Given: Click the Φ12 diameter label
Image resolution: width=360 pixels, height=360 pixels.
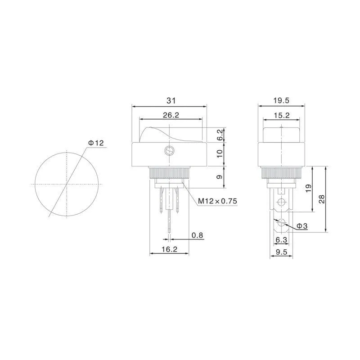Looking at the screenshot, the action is pyautogui.click(x=96, y=143).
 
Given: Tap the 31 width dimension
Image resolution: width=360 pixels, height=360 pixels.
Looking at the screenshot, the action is pyautogui.click(x=171, y=100).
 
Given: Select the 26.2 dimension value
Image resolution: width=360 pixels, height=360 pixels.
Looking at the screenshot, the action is pyautogui.click(x=171, y=115).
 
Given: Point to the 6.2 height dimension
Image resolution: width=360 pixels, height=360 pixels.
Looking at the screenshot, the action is pyautogui.click(x=220, y=135).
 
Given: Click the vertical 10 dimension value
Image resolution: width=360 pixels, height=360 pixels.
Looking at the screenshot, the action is pyautogui.click(x=220, y=153).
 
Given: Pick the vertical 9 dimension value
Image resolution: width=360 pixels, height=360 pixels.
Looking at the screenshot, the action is pyautogui.click(x=220, y=177).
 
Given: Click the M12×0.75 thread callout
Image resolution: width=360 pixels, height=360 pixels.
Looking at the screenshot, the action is pyautogui.click(x=217, y=201).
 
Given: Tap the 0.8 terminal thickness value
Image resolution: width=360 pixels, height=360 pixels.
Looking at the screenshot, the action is pyautogui.click(x=198, y=235).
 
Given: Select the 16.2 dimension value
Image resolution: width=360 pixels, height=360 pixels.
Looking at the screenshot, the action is pyautogui.click(x=170, y=249).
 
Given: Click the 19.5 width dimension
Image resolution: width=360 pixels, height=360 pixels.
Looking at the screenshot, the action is pyautogui.click(x=281, y=100).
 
